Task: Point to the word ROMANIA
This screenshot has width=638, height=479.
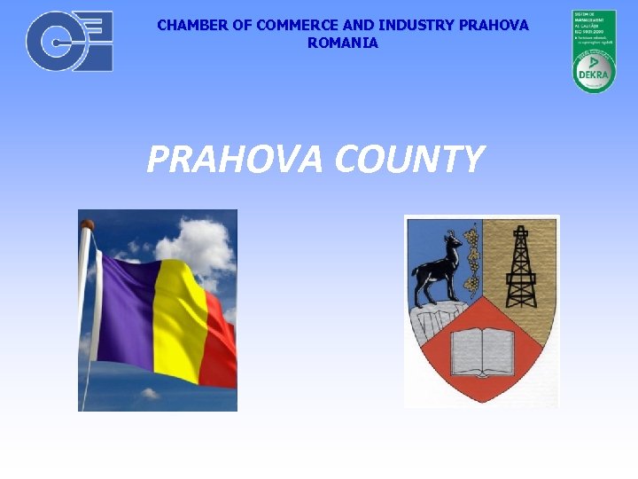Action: (x=342, y=43)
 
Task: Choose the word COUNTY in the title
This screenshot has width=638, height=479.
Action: (x=409, y=160)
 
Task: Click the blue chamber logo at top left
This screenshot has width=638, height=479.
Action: (x=69, y=41)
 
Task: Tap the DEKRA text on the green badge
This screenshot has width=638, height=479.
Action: (x=593, y=75)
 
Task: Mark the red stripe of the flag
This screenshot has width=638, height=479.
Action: (x=222, y=346)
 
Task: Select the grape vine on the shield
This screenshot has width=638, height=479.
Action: (x=472, y=257)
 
